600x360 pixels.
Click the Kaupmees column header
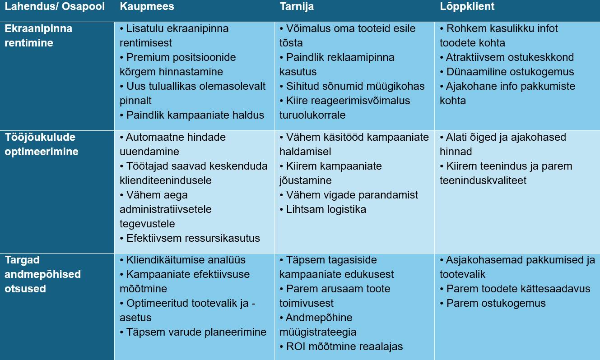point(147,7)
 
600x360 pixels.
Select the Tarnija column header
point(297,7)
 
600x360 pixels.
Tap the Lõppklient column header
point(467,7)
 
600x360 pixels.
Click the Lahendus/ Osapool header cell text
point(55,7)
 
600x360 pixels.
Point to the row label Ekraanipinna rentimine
point(38,36)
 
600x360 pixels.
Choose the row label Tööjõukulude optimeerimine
point(42,144)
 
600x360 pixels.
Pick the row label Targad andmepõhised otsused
point(42,274)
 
